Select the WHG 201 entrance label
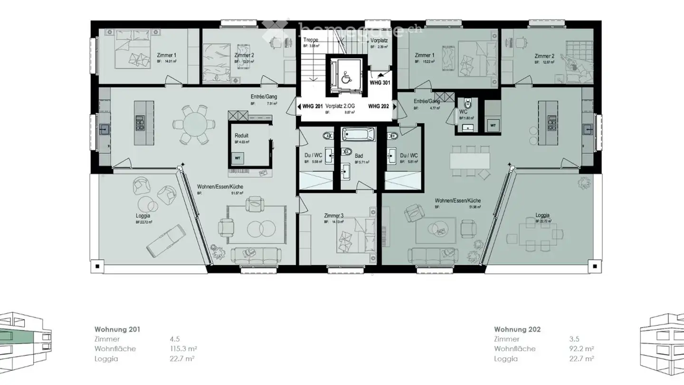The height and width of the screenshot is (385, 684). [x=313, y=106]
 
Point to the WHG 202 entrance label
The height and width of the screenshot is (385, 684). [x=378, y=106]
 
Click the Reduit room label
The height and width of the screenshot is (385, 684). [x=241, y=135]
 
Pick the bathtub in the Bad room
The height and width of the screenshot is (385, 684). [x=358, y=134]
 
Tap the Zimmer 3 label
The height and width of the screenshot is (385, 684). [x=334, y=215]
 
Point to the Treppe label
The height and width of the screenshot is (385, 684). [x=311, y=40]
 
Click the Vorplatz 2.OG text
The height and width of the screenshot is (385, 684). [x=340, y=106]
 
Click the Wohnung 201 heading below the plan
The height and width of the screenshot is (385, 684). [x=117, y=329]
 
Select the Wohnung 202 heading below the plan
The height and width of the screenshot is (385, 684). [x=517, y=329]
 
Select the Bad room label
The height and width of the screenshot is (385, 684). [x=359, y=155]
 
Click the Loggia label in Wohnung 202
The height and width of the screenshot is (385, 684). [x=543, y=215]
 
